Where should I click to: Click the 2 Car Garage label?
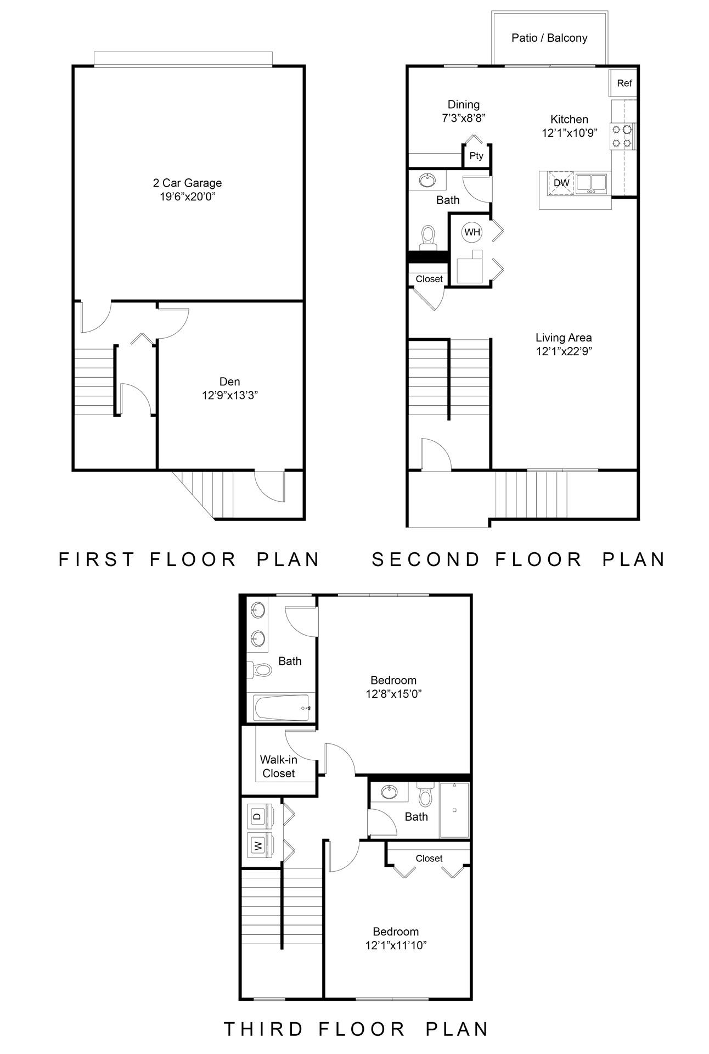(187, 183)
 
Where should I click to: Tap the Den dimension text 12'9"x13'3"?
(230, 395)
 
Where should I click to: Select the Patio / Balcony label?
(549, 38)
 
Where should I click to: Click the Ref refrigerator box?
(624, 83)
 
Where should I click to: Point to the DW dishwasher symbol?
(561, 183)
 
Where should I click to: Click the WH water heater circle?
(472, 232)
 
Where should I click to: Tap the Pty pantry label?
(476, 156)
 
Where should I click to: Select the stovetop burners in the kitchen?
(622, 136)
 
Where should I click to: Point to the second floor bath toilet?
(427, 236)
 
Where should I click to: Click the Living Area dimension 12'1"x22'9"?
(564, 351)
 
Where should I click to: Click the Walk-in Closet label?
(279, 766)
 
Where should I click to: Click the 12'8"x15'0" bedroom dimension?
(393, 694)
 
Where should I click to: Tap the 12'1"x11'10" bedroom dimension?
(396, 945)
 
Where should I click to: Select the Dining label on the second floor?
(464, 104)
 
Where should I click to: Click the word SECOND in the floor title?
(426, 559)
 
